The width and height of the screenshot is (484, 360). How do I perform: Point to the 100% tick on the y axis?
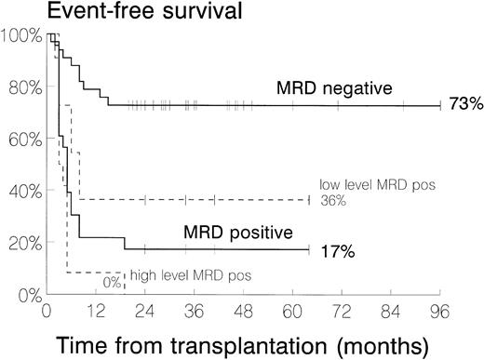20,36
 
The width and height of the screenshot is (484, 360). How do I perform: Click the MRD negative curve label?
333,88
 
